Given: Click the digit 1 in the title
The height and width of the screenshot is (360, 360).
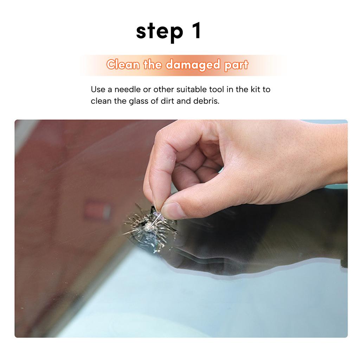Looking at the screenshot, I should (197, 31).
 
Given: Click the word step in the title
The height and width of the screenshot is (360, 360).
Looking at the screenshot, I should (160, 32).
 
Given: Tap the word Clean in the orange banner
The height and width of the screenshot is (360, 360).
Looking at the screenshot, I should (123, 65).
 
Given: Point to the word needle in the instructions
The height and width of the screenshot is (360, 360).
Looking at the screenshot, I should (127, 89).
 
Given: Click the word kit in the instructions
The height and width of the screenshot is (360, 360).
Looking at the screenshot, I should (256, 89).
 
